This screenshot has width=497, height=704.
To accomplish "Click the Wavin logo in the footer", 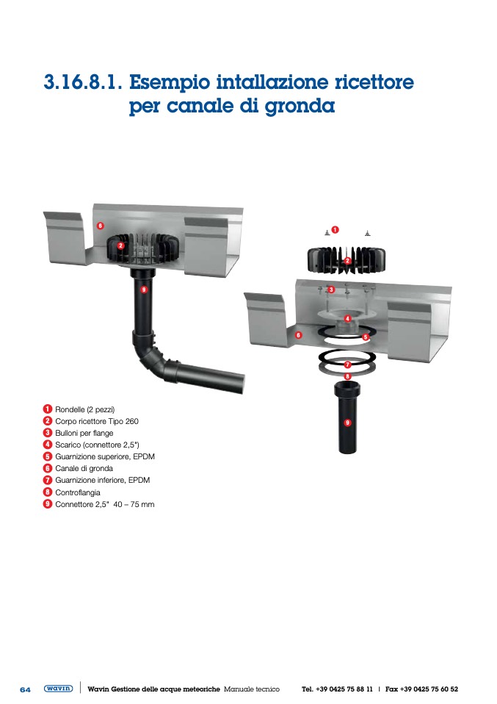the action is (58, 689).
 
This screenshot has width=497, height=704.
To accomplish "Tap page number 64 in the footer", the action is (25, 689).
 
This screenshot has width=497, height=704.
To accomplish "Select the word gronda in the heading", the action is (300, 107).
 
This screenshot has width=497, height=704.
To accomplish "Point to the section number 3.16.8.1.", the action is (82, 82).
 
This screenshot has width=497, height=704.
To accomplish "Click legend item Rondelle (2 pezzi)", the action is (84, 409).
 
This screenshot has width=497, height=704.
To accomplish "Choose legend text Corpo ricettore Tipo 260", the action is (97, 421).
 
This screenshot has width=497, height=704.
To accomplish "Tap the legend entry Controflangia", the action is (78, 492).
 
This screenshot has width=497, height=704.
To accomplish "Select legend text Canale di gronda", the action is (84, 468).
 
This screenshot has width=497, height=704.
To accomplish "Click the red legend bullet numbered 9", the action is (48, 504).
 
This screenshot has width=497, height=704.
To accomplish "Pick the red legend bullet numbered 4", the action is (48, 445).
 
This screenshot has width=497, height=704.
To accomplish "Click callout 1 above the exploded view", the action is (335, 230).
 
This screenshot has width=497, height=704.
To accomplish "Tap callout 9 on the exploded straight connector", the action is (348, 423).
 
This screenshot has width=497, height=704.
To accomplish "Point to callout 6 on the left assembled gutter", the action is (101, 226).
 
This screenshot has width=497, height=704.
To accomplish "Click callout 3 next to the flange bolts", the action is (331, 290).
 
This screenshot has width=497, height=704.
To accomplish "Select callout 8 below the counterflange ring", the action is (348, 376).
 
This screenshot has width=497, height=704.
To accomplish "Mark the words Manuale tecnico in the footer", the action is (252, 689).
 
